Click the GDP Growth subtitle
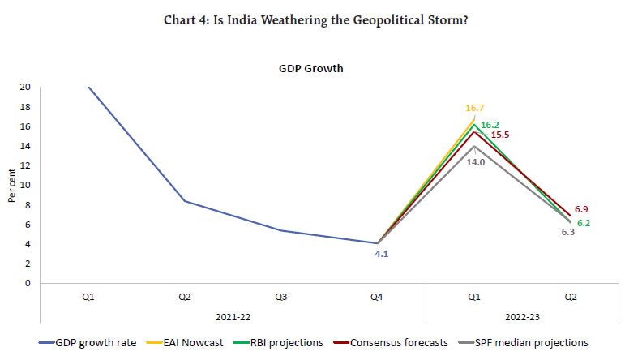click(x=311, y=69)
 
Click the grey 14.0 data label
click(x=474, y=162)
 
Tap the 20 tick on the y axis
click(x=26, y=87)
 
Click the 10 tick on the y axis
click(x=26, y=185)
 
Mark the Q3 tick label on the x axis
click(x=281, y=298)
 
